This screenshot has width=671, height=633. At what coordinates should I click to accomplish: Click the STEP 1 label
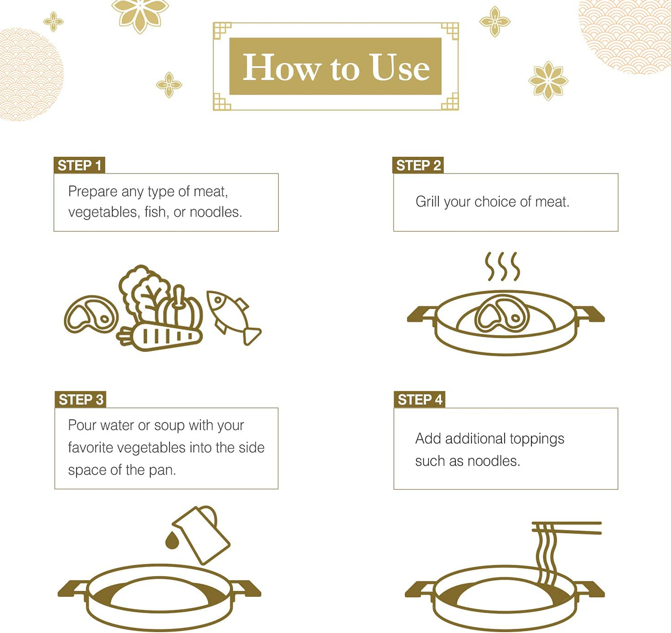[x=79, y=165]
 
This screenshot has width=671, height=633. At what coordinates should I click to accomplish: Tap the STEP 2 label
[x=418, y=165]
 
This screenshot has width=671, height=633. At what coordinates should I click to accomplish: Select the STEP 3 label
[x=80, y=400]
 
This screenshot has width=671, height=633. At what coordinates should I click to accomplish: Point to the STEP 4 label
[x=420, y=400]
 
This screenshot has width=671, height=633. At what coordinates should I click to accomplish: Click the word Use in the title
[x=399, y=67]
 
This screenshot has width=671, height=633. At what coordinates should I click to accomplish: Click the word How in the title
[x=281, y=67]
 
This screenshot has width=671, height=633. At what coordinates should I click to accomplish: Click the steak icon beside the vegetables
[x=91, y=315]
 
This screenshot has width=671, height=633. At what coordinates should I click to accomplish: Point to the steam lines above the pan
[x=502, y=266]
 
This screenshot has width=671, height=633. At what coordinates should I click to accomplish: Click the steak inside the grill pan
[x=502, y=314]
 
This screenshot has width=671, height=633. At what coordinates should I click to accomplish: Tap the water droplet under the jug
[x=172, y=540]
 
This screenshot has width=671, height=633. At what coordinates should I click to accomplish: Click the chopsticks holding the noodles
[x=567, y=528]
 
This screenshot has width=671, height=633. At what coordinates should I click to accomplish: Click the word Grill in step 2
[x=428, y=202]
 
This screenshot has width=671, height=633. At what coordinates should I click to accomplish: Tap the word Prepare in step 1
[x=92, y=192]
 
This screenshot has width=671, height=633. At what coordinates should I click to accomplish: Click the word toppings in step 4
[x=537, y=439]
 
